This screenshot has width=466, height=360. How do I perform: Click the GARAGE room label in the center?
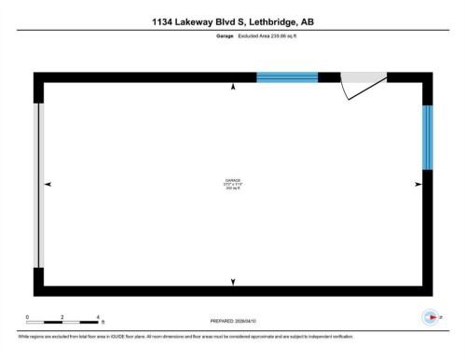pyautogui.click(x=232, y=179)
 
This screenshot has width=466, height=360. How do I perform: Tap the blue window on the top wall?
pyautogui.click(x=287, y=76)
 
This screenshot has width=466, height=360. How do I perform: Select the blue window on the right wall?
pyautogui.click(x=428, y=137)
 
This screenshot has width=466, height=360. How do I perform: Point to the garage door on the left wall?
pyautogui.click(x=38, y=184)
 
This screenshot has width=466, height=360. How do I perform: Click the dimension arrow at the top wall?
pyautogui.click(x=233, y=87)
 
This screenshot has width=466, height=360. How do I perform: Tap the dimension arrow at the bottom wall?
pyautogui.click(x=233, y=281)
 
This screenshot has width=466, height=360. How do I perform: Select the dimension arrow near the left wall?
pyautogui.click(x=48, y=184)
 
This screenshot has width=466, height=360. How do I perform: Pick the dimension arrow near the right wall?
pyautogui.click(x=418, y=184)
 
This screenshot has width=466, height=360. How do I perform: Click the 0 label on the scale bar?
pyautogui.click(x=27, y=317)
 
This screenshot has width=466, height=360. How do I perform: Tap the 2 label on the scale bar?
pyautogui.click(x=62, y=317)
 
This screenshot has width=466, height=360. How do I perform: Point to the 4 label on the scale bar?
pyautogui.click(x=97, y=317)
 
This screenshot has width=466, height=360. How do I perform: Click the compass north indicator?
pyautogui.click(x=430, y=317)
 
